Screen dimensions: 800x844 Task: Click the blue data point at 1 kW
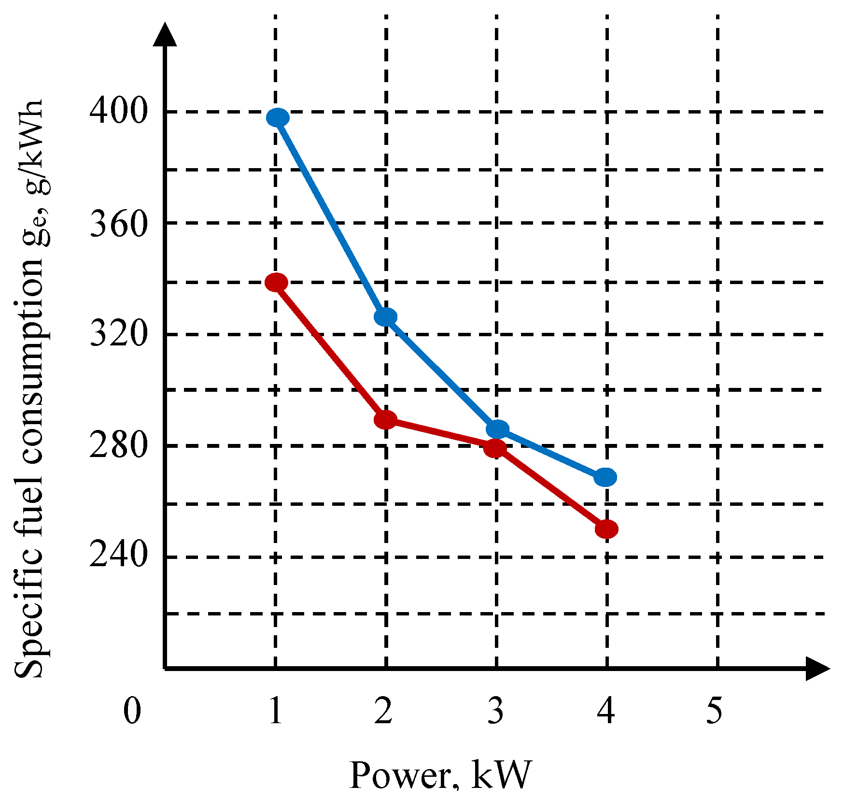278,117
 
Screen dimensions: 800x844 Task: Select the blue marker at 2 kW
386,317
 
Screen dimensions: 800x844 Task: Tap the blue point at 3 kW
497,429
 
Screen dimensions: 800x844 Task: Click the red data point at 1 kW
277,283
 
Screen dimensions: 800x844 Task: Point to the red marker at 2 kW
385,419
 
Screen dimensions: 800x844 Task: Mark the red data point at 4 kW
606,529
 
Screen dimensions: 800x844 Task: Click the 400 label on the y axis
118,111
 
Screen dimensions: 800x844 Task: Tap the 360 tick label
118,223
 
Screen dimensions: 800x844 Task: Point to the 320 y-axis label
118,334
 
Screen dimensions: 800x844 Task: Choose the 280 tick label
118,445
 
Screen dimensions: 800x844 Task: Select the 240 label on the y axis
118,555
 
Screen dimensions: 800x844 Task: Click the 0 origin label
132,711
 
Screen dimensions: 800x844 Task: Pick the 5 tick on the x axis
715,711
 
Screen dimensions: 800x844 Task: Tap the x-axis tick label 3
495,711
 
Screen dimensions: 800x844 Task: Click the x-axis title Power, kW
440,775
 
